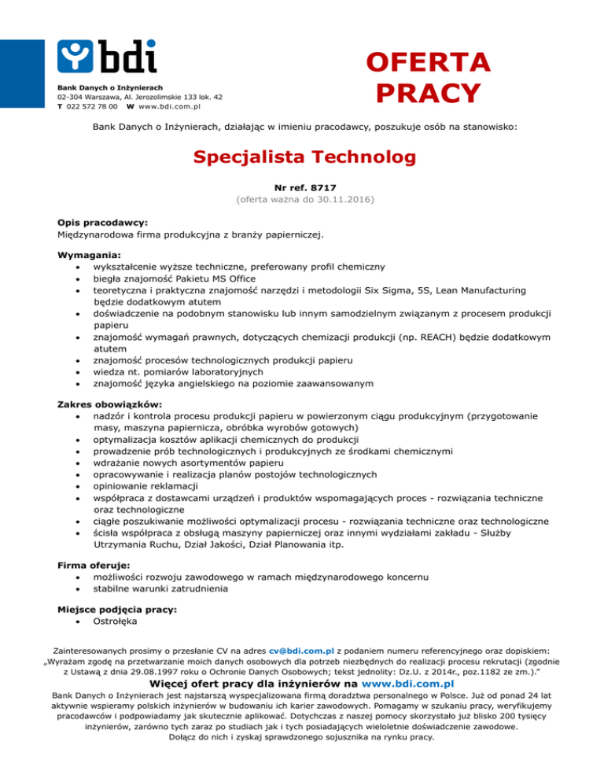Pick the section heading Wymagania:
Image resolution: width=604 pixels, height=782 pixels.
click(88, 255)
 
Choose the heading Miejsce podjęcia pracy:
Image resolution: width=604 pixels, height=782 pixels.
click(117, 609)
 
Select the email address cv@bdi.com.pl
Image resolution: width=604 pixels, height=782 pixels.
click(301, 651)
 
